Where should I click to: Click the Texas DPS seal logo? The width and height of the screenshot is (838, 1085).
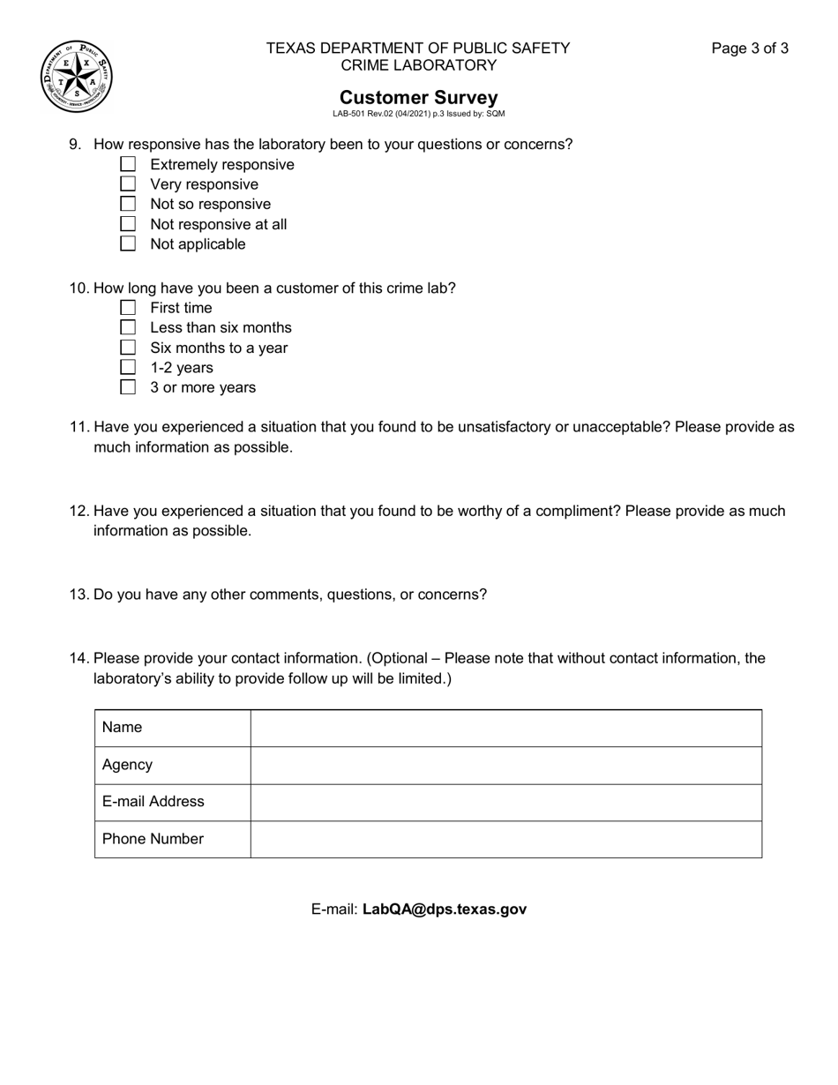point(76,77)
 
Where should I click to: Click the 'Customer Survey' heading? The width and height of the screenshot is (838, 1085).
point(418,97)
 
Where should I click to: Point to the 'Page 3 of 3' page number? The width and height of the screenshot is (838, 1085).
point(750,49)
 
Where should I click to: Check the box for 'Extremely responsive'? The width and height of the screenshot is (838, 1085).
point(128,164)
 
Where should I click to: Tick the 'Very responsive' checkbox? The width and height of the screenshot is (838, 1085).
point(128,184)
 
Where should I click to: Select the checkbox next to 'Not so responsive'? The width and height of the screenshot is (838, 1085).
point(128,204)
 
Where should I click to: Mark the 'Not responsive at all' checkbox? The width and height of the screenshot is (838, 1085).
point(128,224)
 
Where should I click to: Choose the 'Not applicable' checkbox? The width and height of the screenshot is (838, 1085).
point(128,243)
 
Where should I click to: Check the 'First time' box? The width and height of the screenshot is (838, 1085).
point(128,308)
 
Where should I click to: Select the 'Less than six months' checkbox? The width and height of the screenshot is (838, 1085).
point(128,327)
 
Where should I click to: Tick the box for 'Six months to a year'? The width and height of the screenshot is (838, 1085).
point(128,348)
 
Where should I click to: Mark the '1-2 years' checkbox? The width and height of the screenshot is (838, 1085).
point(128,367)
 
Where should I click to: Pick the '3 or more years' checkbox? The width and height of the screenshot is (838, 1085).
point(128,387)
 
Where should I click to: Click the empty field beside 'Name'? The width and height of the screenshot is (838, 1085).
point(505,728)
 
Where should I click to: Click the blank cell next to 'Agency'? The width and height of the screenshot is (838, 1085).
point(505,765)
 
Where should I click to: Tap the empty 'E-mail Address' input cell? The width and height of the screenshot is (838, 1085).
point(505,802)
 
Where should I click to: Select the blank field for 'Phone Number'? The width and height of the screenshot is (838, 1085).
point(505,839)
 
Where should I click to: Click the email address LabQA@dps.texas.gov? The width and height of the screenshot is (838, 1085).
point(445,909)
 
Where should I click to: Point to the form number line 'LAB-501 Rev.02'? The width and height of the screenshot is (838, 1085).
point(418,114)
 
